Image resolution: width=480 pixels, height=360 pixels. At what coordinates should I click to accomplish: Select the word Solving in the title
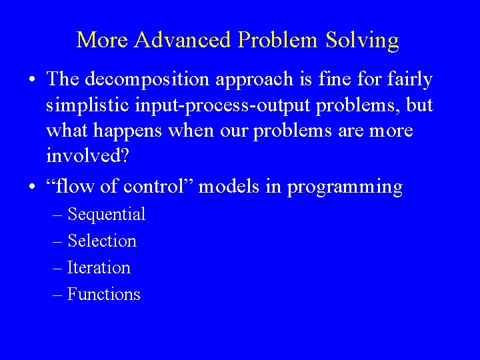coord(365,41)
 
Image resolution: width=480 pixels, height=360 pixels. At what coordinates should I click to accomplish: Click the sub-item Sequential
coord(107,214)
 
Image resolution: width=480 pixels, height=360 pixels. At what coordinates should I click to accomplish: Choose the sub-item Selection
coord(102,241)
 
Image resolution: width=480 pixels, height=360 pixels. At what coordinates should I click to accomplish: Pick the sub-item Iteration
coord(99,267)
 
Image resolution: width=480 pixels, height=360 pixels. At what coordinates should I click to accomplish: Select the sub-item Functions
coord(104,294)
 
